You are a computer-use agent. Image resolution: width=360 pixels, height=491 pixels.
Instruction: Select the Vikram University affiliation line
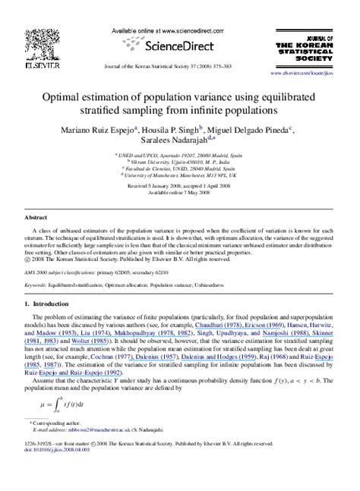(x=179, y=161)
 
